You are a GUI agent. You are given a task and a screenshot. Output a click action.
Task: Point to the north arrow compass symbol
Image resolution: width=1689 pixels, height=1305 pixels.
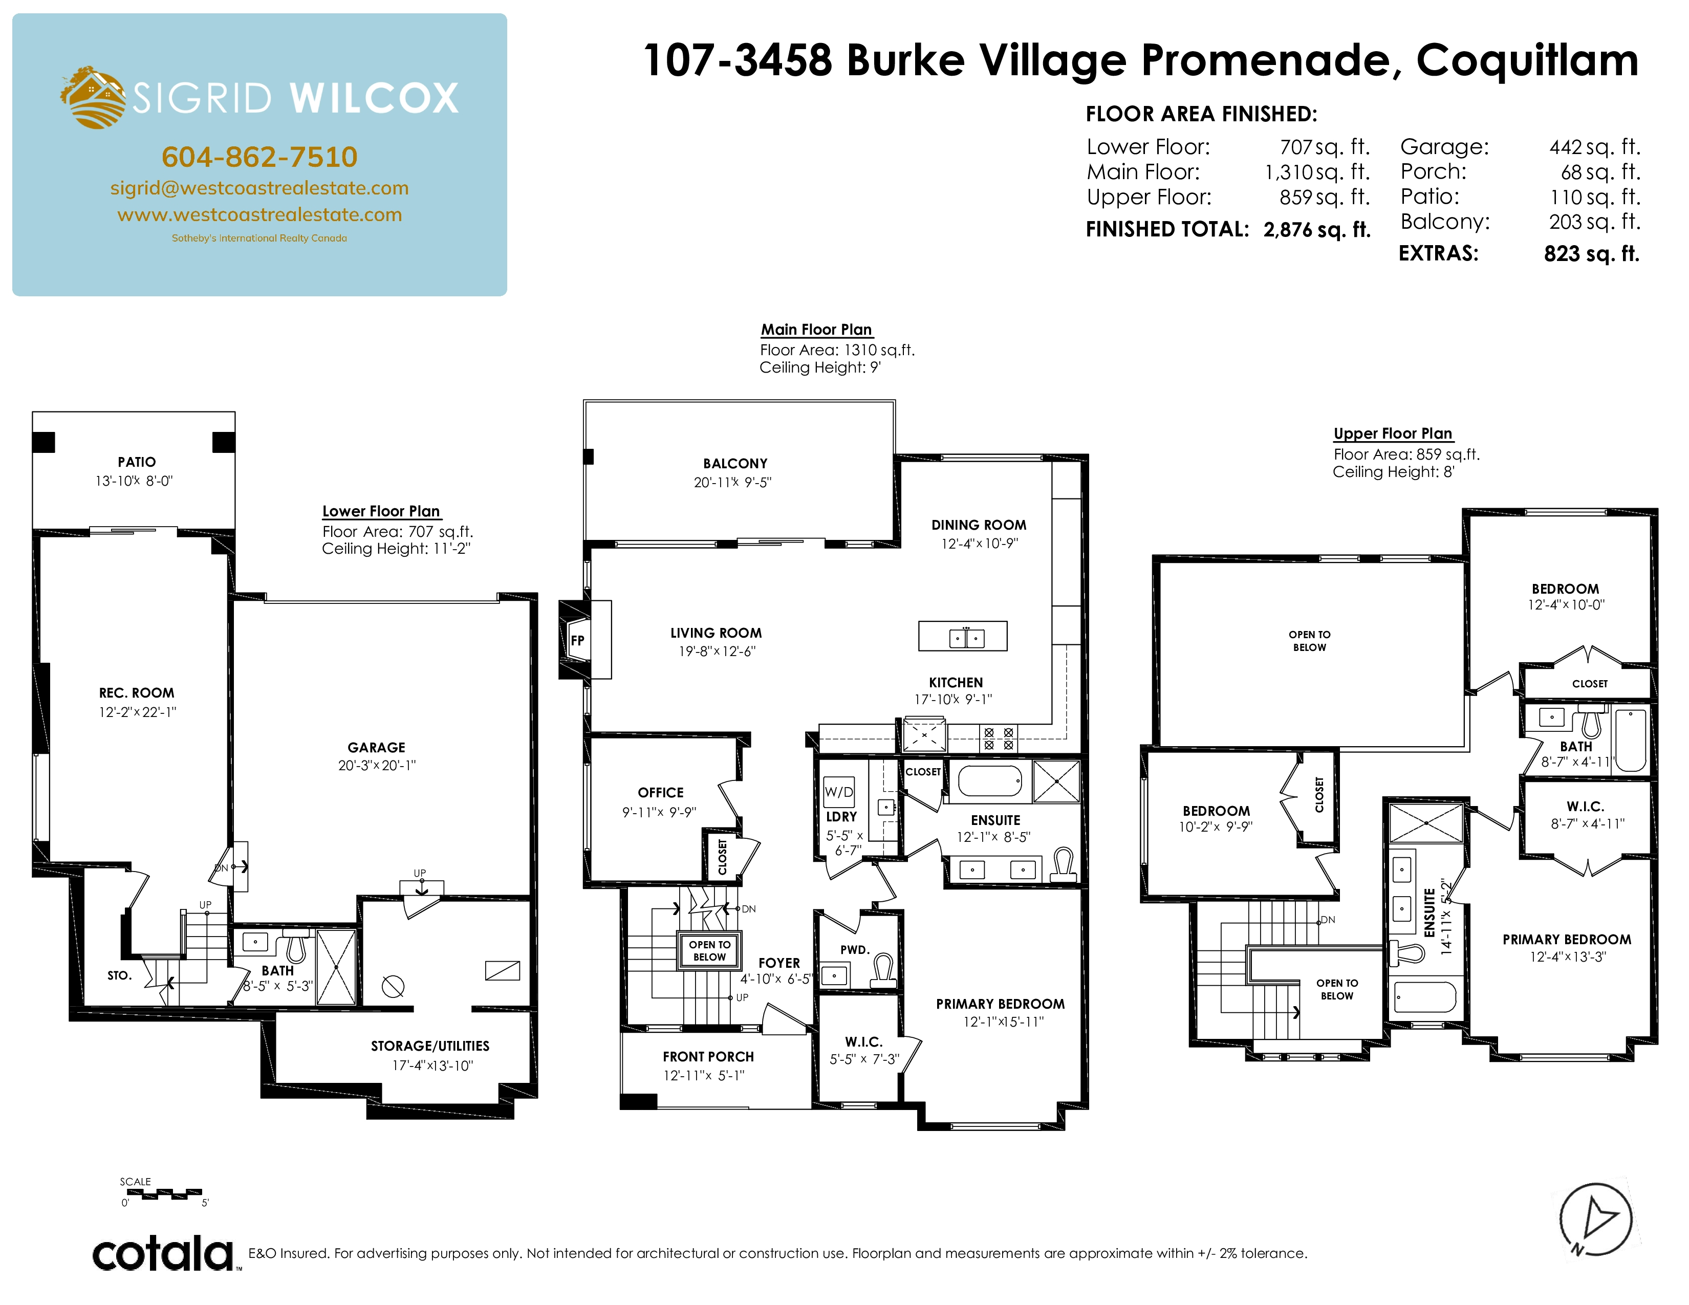pos(1595,1220)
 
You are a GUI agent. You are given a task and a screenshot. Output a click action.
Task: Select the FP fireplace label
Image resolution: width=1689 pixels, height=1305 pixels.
pos(577,640)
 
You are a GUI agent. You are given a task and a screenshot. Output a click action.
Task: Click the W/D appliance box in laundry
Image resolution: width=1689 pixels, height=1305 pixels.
pos(839,792)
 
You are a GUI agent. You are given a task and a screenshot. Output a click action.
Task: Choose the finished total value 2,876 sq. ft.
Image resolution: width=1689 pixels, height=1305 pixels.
pos(1317,230)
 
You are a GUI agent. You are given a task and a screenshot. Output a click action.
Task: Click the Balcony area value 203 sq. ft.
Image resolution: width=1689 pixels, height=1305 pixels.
pos(1594,222)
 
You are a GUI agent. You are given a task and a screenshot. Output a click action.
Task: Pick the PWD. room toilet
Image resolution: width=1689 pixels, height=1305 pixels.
pos(883,972)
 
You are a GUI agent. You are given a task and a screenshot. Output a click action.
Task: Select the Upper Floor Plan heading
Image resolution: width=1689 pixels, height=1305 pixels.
pos(1393,433)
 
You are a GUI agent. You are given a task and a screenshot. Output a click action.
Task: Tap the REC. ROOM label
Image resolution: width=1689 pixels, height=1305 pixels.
pos(137,693)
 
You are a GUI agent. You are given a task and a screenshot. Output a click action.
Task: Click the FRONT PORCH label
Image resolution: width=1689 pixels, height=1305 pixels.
pos(708,1057)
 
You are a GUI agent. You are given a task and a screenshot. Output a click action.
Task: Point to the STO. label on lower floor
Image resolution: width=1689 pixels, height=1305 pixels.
pos(119,975)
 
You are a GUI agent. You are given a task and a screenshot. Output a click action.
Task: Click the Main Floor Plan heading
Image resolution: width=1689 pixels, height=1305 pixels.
pos(817,330)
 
